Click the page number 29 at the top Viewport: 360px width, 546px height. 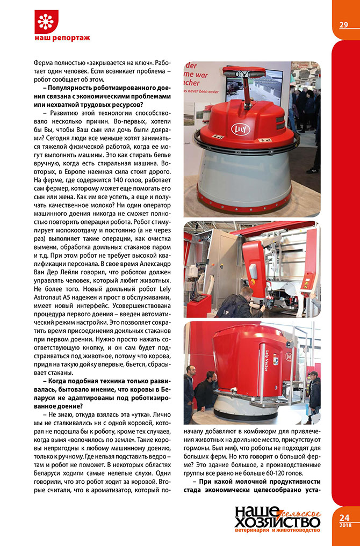coord(344,25)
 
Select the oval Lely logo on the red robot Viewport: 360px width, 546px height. coord(239,129)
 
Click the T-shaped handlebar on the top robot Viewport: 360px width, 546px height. coord(244,72)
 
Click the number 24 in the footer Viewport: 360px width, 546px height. coord(344,518)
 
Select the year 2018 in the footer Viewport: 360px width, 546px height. coord(344,525)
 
